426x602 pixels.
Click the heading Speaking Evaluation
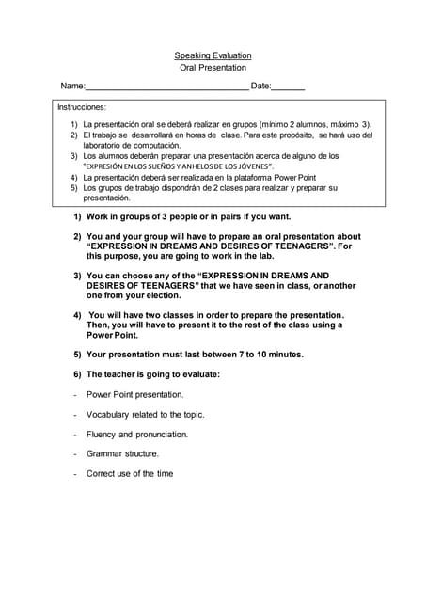(213, 55)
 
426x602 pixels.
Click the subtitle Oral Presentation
(213, 68)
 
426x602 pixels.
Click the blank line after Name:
(166, 87)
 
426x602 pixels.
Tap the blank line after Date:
(289, 87)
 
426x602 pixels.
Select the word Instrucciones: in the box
(83, 107)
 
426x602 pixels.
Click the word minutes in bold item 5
(279, 355)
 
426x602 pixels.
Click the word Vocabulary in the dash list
(112, 414)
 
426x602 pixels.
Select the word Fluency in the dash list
(101, 435)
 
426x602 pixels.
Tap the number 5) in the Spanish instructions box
(74, 188)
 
